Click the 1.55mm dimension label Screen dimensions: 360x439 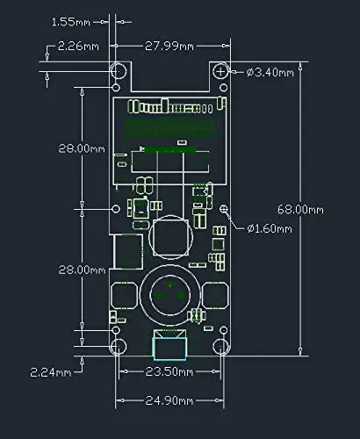(x=71, y=22)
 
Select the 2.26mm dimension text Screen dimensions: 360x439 (x=78, y=47)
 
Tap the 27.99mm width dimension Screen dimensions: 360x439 (x=169, y=47)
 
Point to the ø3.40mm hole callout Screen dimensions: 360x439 (x=270, y=72)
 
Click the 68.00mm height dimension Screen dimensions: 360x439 (x=300, y=210)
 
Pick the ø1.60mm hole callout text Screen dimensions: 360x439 (x=270, y=228)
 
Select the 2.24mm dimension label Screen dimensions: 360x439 (x=51, y=372)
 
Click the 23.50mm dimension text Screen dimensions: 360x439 (x=169, y=372)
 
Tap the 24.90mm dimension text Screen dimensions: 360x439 (x=169, y=400)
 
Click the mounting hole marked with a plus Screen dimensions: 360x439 (x=220, y=71)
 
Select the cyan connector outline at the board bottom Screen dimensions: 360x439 (x=169, y=349)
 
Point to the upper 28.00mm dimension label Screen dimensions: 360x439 (x=82, y=148)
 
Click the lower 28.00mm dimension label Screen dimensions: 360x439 (x=82, y=270)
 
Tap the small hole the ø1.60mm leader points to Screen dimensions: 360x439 (x=224, y=209)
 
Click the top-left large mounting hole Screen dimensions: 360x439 (x=119, y=71)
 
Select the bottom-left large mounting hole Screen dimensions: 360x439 (x=119, y=347)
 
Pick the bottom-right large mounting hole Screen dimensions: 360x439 (x=220, y=347)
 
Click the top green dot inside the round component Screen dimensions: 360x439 (x=170, y=284)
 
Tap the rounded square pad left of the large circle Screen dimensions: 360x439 (x=124, y=295)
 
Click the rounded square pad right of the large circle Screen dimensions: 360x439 (x=215, y=295)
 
